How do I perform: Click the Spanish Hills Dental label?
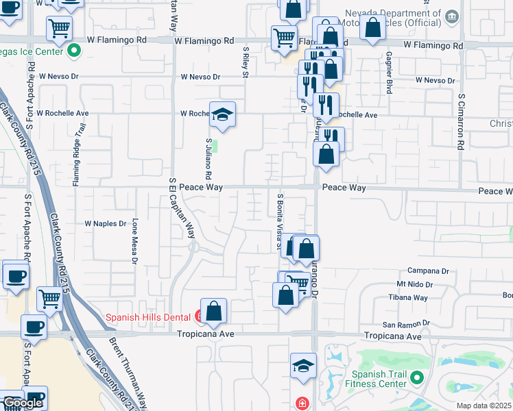click(x=148, y=317)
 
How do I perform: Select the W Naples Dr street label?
click(x=106, y=223)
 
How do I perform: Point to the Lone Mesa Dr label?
click(x=135, y=240)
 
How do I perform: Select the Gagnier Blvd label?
click(x=389, y=73)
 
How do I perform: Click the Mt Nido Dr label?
click(x=416, y=284)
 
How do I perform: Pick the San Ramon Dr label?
click(x=405, y=323)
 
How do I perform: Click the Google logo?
click(x=22, y=403)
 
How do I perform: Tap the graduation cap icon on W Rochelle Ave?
click(x=222, y=114)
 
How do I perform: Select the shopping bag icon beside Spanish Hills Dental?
click(x=214, y=311)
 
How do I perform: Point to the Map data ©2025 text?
click(x=484, y=406)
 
